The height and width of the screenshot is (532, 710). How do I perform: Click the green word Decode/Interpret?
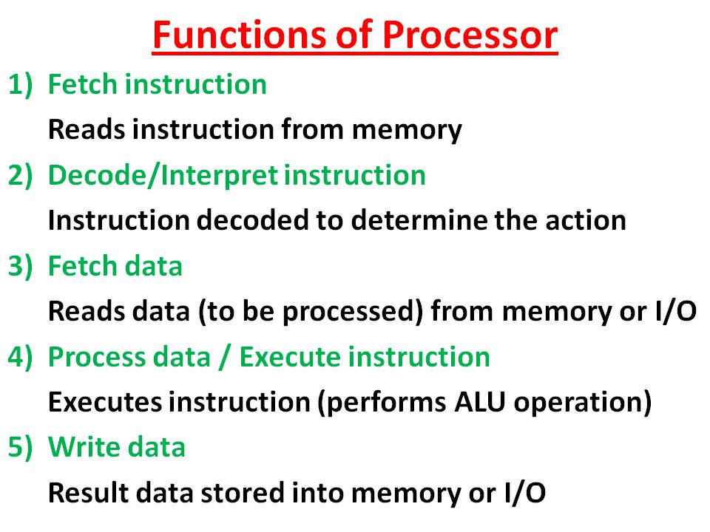coord(163,176)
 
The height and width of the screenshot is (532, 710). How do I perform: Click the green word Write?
coord(78,448)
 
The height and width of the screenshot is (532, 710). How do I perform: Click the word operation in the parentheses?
coord(581,402)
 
